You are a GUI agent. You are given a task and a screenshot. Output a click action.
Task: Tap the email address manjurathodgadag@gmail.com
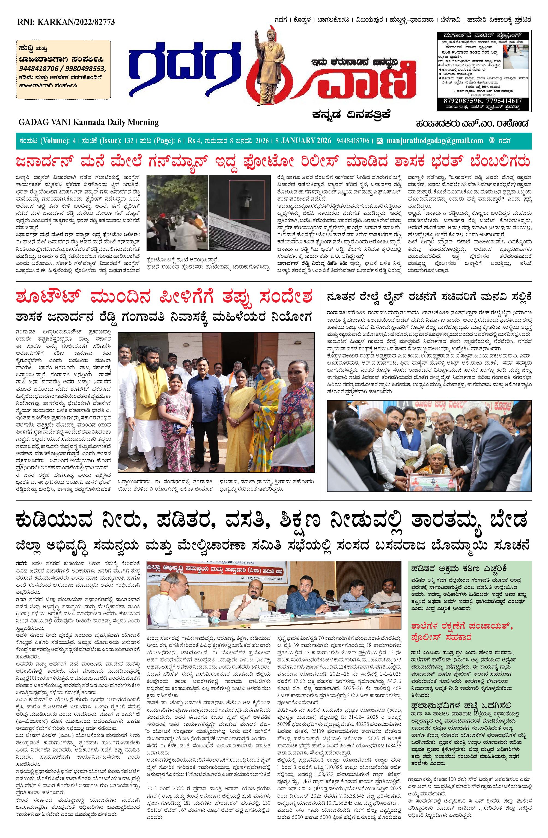(434, 141)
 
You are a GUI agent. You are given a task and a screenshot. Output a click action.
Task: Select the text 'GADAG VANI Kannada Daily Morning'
(88, 122)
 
